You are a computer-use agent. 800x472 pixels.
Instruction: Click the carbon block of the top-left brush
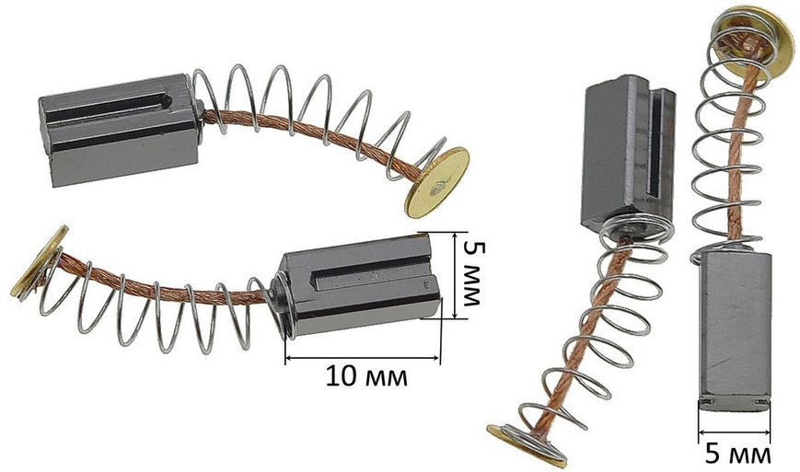tap(119, 130)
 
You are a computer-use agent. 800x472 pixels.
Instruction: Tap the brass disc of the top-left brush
tap(438, 182)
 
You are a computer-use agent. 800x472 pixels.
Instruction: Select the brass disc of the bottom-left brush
tap(40, 261)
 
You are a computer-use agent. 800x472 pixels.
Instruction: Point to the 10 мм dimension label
tap(366, 376)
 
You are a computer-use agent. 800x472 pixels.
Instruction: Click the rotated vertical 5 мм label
tap(472, 273)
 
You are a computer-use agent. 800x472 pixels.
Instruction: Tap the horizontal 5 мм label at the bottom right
tap(738, 454)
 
